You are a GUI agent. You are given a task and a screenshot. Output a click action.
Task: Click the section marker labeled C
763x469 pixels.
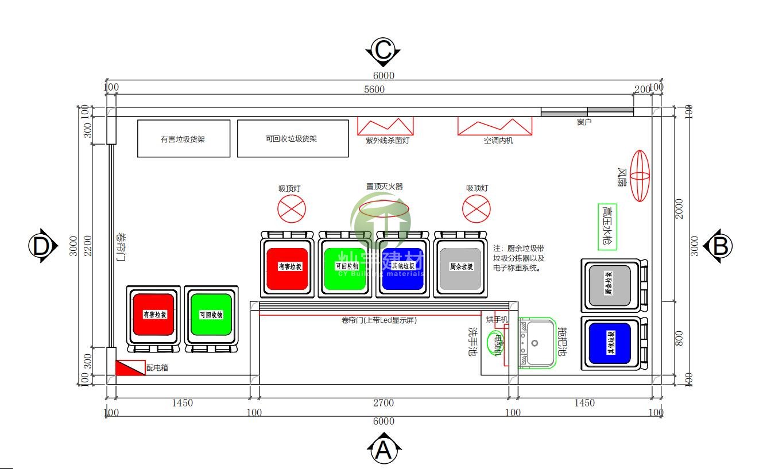click(x=383, y=51)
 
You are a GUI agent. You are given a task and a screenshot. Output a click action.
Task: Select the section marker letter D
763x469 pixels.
click(x=41, y=246)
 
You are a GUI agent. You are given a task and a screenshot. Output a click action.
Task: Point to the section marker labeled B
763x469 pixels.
click(x=721, y=246)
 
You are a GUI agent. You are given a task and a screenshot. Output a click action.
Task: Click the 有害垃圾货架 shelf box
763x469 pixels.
click(x=184, y=138)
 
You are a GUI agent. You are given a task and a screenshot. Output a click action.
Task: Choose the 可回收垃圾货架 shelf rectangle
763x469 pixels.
click(x=293, y=138)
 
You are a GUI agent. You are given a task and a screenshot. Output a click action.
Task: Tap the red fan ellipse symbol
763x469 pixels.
click(x=640, y=176)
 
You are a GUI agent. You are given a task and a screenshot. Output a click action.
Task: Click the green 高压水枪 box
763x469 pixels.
click(x=607, y=227)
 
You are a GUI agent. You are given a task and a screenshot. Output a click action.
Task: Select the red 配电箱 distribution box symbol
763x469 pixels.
click(x=130, y=368)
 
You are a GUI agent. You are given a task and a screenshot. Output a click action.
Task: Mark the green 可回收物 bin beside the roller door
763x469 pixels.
click(x=211, y=315)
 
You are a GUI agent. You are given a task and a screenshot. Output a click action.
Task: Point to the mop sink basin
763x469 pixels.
click(x=537, y=343)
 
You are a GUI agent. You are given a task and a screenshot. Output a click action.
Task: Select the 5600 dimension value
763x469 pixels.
click(x=374, y=90)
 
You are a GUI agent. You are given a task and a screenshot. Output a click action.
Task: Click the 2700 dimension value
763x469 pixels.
click(x=384, y=403)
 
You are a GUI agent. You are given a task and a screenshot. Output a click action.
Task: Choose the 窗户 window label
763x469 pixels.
click(x=584, y=122)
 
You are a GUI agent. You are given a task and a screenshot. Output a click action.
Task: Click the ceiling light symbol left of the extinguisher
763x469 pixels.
click(x=292, y=209)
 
